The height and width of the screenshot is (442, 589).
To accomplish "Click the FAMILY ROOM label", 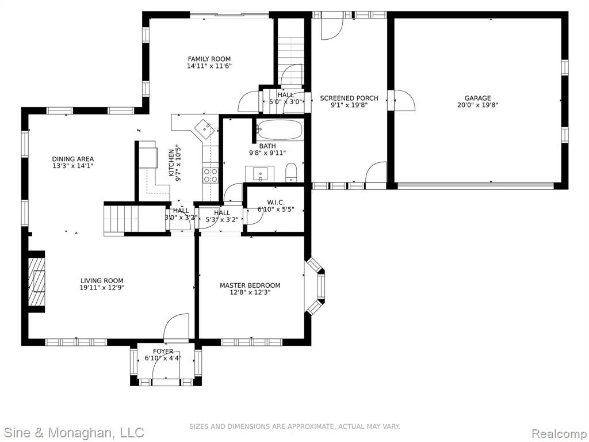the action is coord(209,59).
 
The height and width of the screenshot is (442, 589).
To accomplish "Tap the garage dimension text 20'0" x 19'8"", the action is coord(477,105).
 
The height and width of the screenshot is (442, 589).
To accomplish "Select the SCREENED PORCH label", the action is coord(349,98).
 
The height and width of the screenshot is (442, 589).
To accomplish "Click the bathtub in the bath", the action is coord(280,130).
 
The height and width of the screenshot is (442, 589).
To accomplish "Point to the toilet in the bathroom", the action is coord(291,173).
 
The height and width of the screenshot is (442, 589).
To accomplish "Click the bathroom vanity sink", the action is coord(260,174).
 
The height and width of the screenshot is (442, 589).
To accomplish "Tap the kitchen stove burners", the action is coord(211,175).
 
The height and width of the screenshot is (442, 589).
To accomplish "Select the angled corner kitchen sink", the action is coord(205,128).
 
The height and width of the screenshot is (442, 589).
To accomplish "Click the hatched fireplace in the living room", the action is coord(37,281).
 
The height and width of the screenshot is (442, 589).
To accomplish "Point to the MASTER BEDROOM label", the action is coord(250,285).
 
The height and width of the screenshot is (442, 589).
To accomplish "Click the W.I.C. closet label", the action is coord(276,203).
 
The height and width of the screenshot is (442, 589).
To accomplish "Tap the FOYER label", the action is coord(163,352).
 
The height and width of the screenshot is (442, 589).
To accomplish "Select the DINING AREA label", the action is coord(73,159).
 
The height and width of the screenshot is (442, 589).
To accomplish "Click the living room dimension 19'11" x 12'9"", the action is coord(102,288).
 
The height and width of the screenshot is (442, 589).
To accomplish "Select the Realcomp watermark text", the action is coord(559,433).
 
